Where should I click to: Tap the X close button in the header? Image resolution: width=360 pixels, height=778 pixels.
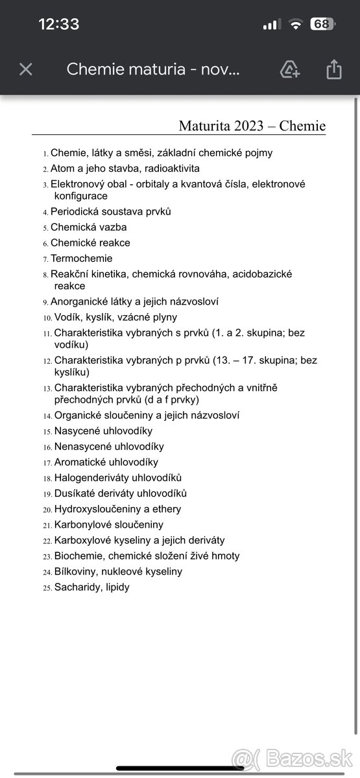pos(26,69)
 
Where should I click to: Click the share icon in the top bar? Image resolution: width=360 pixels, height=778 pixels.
pos(334,69)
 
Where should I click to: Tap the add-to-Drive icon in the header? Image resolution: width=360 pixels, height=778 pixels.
pos(290,69)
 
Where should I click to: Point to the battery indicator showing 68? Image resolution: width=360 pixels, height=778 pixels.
pos(322,25)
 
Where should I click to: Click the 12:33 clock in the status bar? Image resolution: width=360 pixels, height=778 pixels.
pos(59,25)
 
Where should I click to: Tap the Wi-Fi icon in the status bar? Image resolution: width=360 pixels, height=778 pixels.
pos(296,25)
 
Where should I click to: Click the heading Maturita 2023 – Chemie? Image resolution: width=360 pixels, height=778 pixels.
pos(252,126)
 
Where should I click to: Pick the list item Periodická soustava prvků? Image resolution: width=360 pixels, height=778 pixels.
pos(110,211)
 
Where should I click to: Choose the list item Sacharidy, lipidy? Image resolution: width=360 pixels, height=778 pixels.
pos(91,587)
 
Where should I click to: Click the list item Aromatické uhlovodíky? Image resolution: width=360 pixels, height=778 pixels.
pos(106,462)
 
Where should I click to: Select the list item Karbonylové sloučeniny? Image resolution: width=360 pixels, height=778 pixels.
pos(108,525)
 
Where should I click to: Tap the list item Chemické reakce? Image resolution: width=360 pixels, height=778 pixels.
pos(90,243)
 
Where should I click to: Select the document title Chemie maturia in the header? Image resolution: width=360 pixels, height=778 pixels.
pos(153,69)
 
